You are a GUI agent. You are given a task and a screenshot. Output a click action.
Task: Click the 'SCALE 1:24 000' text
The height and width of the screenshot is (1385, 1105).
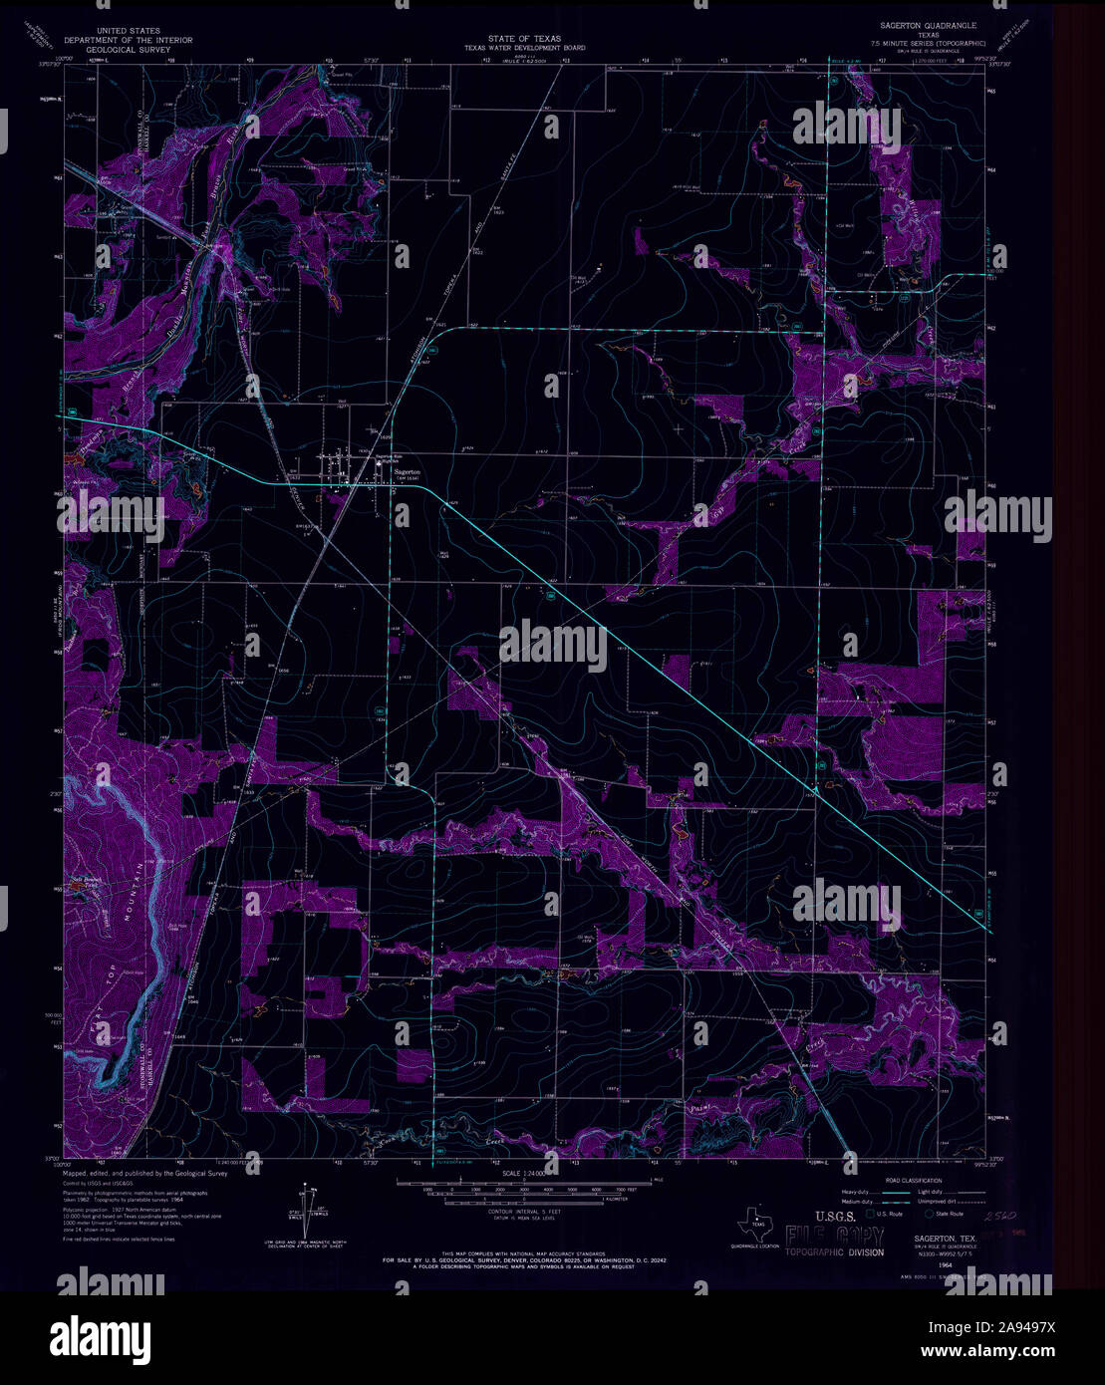(531, 1174)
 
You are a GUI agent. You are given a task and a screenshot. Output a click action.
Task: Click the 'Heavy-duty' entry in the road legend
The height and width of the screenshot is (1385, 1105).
(860, 1192)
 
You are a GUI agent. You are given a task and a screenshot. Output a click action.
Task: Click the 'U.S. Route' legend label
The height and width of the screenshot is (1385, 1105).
(890, 1215)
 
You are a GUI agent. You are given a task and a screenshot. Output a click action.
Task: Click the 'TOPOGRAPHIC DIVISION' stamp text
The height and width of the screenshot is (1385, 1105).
(834, 1251)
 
